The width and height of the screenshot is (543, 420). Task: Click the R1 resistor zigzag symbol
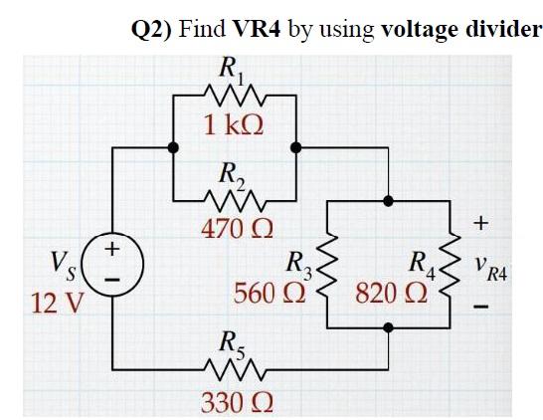235,96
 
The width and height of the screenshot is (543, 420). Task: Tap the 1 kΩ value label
235,125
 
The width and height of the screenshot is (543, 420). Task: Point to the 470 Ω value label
235,229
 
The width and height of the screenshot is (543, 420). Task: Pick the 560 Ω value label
268,295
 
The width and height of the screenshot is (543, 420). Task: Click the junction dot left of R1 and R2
173,147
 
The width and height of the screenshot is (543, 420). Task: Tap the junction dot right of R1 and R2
295,147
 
